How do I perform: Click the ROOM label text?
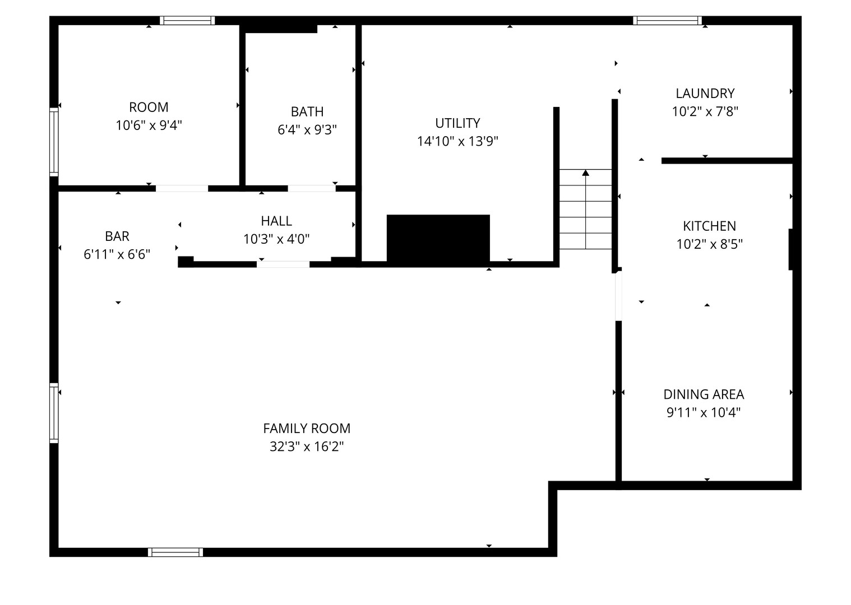pos(149,108)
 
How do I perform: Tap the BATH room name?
pos(307,112)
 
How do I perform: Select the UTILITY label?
pos(457,123)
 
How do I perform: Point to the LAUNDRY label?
pos(705,94)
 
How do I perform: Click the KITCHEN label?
pos(709,226)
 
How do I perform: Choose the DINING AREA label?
pos(704,395)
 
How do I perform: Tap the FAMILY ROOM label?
pos(307,429)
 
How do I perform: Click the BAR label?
pos(117,236)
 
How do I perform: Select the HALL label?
pos(276,221)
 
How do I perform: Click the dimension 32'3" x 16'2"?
pos(307,446)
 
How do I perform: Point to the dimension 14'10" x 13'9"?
pos(457,141)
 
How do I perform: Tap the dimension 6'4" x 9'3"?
pos(307,130)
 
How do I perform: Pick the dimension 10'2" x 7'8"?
pos(705,111)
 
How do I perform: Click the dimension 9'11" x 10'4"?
pos(704,412)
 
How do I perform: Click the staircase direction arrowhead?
pos(585,173)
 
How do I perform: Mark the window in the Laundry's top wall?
pos(667,21)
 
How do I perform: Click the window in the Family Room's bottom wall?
pos(175,552)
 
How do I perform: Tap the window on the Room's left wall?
pos(54,142)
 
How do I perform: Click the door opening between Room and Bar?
pos(182,189)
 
